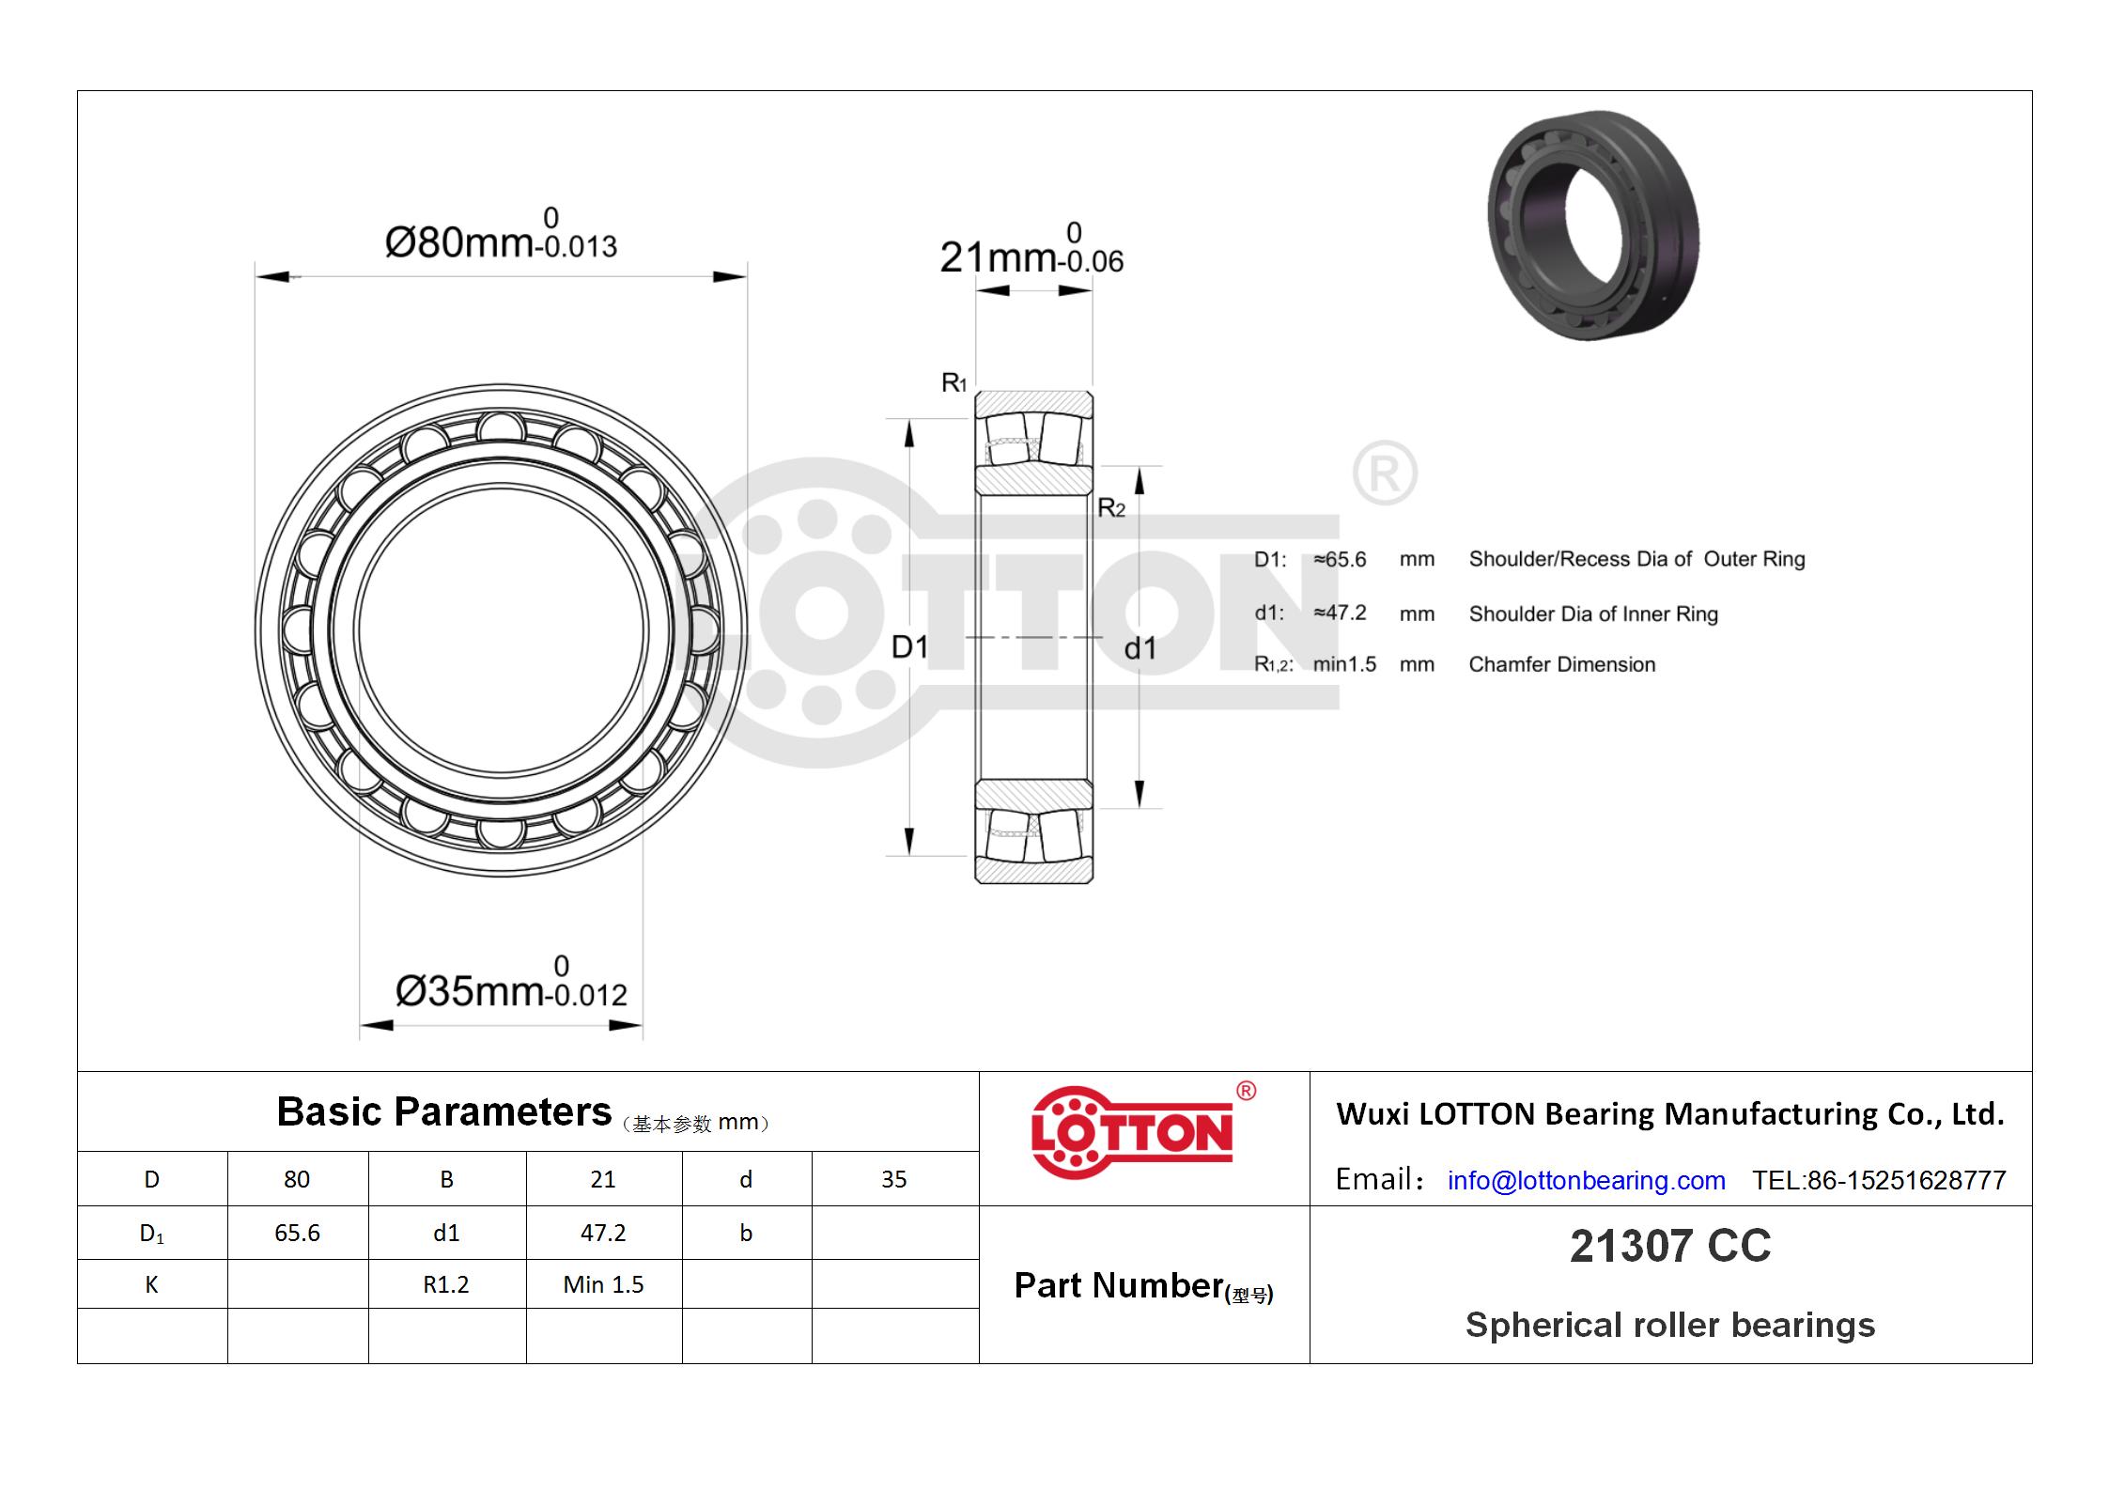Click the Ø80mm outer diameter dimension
pyautogui.click(x=501, y=234)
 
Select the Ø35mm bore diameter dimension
pyautogui.click(x=511, y=983)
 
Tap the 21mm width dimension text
pyautogui.click(x=1031, y=248)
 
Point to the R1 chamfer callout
pyautogui.click(x=954, y=382)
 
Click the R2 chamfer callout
pyautogui.click(x=1111, y=508)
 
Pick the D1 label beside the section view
pyautogui.click(x=909, y=646)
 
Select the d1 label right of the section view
pyautogui.click(x=1140, y=648)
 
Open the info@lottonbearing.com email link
pyautogui.click(x=1587, y=1180)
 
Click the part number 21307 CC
pyautogui.click(x=1670, y=1247)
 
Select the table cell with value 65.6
pyautogui.click(x=297, y=1233)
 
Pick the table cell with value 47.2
pyautogui.click(x=603, y=1233)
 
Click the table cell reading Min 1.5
pyautogui.click(x=603, y=1284)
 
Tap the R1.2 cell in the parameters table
pyautogui.click(x=446, y=1284)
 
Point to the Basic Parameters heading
pyautogui.click(x=443, y=1112)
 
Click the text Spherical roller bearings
pyautogui.click(x=1670, y=1325)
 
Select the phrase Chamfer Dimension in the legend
pyautogui.click(x=1562, y=664)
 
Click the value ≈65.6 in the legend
pyautogui.click(x=1340, y=559)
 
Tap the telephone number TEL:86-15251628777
pyautogui.click(x=1879, y=1180)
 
